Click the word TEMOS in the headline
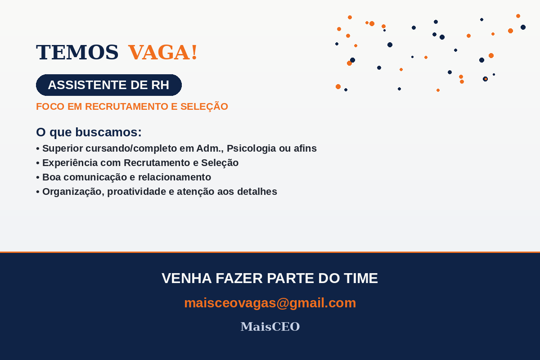point(77,52)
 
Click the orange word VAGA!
point(163,52)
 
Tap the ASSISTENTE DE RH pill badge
point(109,85)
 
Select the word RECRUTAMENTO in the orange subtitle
point(126,107)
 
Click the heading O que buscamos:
point(89,132)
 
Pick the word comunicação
point(95,177)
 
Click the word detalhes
point(257,192)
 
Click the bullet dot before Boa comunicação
point(38,178)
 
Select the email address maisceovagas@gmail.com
point(270,303)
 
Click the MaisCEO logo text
point(270,327)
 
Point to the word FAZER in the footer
point(239,278)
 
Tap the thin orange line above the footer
point(270,252)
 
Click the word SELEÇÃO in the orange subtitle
point(204,107)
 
